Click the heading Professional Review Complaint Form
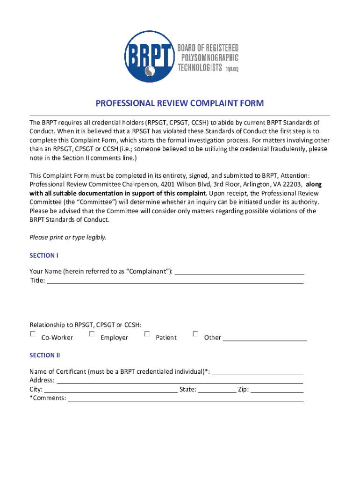(180, 103)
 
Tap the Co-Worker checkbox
(33, 334)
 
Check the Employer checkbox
(92, 334)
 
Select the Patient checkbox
(147, 334)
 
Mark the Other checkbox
(195, 334)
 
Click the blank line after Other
(265, 338)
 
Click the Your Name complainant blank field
(239, 272)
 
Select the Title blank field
(175, 281)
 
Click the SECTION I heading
(44, 255)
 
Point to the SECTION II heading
(45, 355)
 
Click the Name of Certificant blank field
(258, 372)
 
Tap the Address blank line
(180, 381)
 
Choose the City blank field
(111, 390)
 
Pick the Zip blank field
(277, 390)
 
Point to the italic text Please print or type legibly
(68, 237)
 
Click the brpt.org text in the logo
(232, 68)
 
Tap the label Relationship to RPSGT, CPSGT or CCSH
(86, 325)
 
